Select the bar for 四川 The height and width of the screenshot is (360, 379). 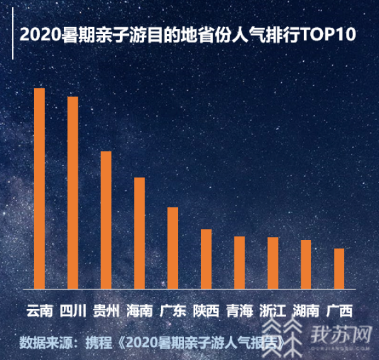pos(73,192)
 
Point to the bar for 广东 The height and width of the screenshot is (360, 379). pos(172,247)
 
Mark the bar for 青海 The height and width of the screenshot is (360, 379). pos(239,261)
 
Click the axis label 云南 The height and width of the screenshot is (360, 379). pos(39,311)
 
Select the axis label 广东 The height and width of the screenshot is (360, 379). pos(172,311)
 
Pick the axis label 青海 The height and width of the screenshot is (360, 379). pos(239,311)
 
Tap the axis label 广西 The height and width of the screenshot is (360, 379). pos(339,311)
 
